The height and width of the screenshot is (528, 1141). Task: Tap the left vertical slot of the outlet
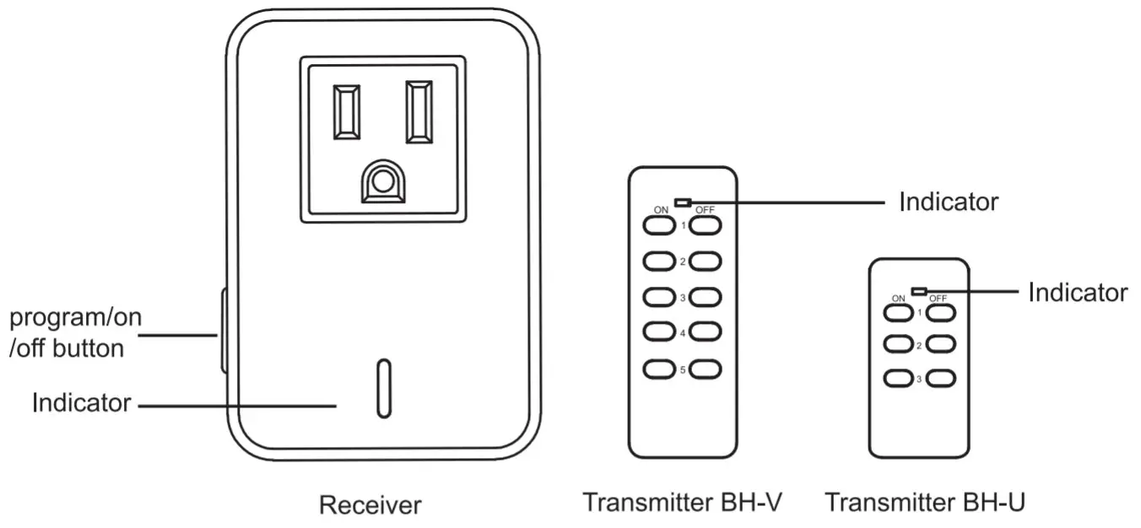click(x=347, y=112)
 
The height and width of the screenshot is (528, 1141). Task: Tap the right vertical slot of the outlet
click(x=419, y=112)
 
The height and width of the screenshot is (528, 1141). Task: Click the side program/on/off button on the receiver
click(x=224, y=331)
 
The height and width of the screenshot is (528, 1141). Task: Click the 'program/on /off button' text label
click(x=75, y=333)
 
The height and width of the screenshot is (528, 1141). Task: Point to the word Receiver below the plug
click(x=370, y=505)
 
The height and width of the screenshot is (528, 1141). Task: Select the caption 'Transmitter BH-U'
click(x=925, y=503)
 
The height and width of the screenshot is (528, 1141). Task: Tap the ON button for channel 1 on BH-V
click(x=658, y=226)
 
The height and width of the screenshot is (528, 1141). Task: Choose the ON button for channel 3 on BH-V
click(x=658, y=298)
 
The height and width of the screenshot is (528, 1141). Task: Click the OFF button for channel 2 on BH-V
click(x=706, y=262)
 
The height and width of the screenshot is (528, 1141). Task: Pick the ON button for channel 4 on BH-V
click(x=658, y=333)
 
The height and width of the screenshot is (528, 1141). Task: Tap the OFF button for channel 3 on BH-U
click(x=941, y=379)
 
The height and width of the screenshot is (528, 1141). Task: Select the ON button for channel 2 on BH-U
click(x=898, y=345)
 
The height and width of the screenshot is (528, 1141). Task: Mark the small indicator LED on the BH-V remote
click(x=684, y=202)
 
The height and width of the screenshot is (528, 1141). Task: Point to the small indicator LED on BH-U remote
click(x=920, y=292)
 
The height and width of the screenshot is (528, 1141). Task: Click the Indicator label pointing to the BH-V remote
click(x=949, y=202)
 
